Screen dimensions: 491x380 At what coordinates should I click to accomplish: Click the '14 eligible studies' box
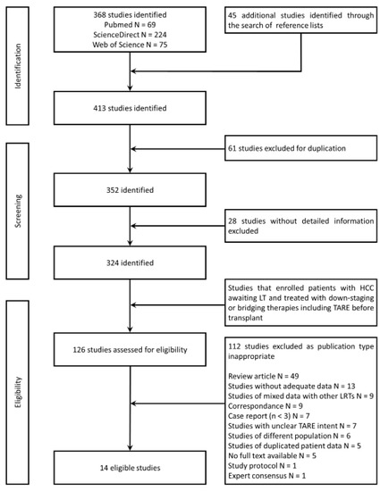click(x=132, y=465)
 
